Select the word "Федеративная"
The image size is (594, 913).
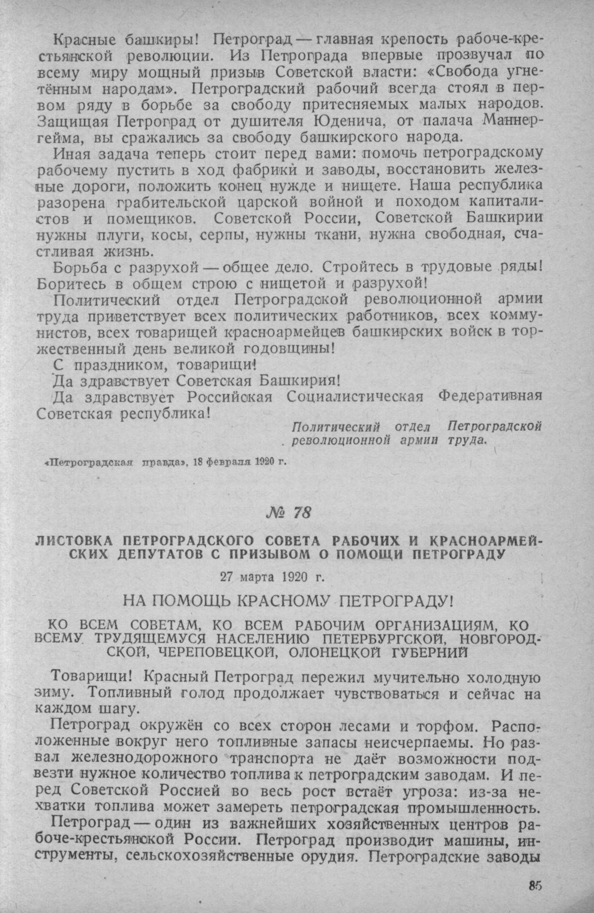tap(490, 397)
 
